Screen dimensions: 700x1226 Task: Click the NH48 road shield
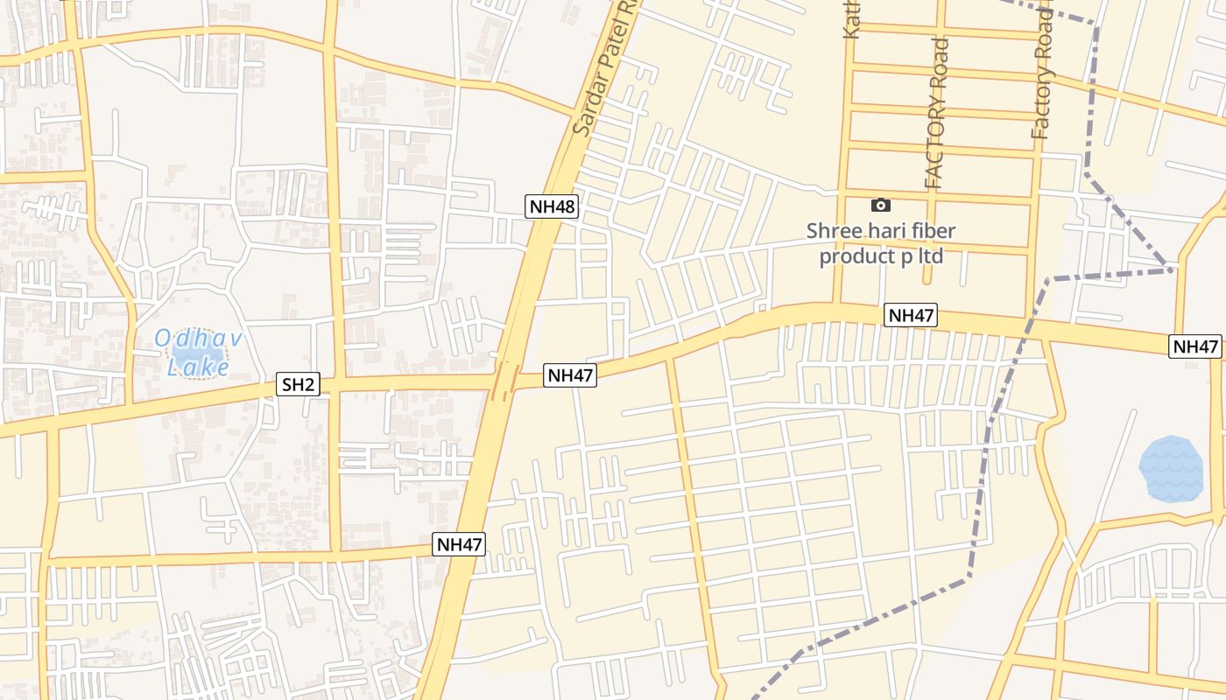553,206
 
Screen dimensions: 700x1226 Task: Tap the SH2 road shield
298,383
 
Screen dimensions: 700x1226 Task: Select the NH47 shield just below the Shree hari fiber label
911,315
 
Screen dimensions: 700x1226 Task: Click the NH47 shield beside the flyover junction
571,375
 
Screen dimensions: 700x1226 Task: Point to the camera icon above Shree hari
881,205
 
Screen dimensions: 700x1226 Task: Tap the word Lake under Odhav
198,367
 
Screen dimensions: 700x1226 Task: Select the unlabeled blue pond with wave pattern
1171,468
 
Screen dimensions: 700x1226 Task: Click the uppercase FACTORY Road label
936,114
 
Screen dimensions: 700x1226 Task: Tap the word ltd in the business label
928,256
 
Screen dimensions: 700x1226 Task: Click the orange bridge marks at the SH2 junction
505,382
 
